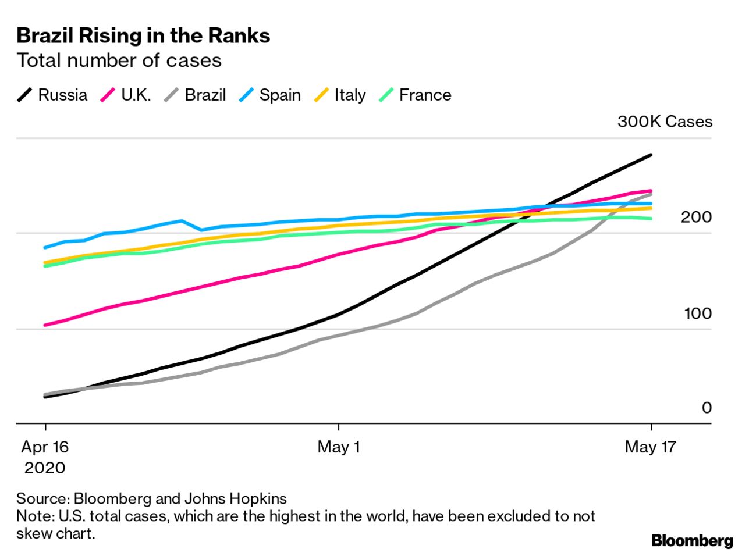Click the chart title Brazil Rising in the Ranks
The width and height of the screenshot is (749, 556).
pyautogui.click(x=143, y=36)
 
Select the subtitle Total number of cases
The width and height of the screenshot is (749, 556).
pyautogui.click(x=119, y=60)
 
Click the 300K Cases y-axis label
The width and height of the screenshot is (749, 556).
pyautogui.click(x=665, y=122)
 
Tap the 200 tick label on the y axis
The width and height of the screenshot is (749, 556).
pyautogui.click(x=697, y=217)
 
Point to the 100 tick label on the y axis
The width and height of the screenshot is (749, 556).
pyautogui.click(x=697, y=313)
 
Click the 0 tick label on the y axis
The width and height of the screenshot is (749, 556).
pyautogui.click(x=707, y=408)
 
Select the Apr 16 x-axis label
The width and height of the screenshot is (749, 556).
pyautogui.click(x=45, y=447)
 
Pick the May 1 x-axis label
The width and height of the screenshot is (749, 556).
pyautogui.click(x=338, y=447)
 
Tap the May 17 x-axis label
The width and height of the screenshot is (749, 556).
pyautogui.click(x=650, y=447)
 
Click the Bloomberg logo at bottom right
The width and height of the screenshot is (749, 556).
pyautogui.click(x=692, y=540)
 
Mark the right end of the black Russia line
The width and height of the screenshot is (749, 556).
pyautogui.click(x=651, y=155)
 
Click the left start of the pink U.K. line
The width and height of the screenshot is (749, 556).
pyautogui.click(x=45, y=325)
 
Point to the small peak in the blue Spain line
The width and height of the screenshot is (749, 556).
pyautogui.click(x=182, y=221)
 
